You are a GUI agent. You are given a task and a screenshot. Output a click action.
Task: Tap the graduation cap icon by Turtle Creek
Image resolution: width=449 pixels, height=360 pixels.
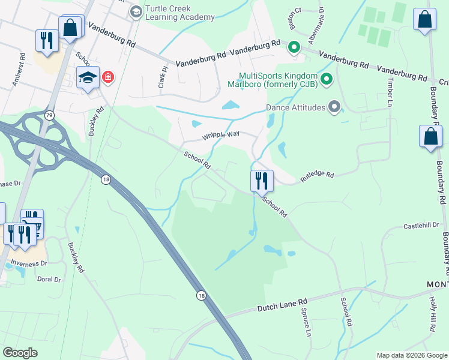[136, 11]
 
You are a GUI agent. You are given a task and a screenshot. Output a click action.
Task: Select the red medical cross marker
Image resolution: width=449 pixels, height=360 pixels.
[108, 77]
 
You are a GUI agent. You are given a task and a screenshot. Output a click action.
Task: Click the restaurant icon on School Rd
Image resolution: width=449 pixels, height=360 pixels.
[261, 179]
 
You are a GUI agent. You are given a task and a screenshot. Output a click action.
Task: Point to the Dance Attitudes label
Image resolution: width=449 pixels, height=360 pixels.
[295, 108]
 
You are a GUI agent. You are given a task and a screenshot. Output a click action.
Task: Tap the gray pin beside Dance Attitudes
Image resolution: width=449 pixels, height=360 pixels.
[334, 107]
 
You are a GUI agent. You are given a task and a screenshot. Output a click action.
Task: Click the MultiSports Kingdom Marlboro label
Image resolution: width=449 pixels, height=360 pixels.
[277, 80]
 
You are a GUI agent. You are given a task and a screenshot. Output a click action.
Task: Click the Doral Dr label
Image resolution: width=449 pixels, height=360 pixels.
[49, 280]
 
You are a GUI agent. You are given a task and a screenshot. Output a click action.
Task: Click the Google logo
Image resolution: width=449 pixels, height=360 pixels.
[20, 353]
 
